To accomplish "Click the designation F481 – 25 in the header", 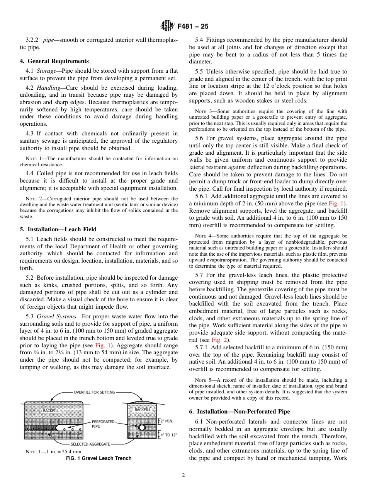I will pyautogui.click(x=193, y=26).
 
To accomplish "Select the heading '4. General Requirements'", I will pyautogui.click(x=54, y=61).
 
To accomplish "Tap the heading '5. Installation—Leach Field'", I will pyautogui.click(x=58, y=229).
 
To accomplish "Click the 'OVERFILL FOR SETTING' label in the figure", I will pyautogui.click(x=94, y=392).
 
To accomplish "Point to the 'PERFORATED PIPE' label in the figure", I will pyautogui.click(x=103, y=424).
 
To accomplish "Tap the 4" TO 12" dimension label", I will pyautogui.click(x=168, y=435).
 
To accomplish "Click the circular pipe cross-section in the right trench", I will pyautogui.click(x=142, y=427).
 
